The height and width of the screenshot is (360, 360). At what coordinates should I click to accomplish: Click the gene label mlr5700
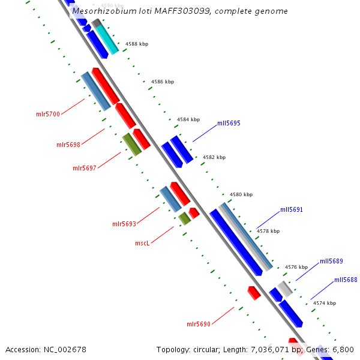(48, 113)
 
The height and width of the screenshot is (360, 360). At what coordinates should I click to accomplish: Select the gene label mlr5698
(68, 145)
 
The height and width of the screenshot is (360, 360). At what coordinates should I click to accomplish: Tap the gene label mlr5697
(85, 168)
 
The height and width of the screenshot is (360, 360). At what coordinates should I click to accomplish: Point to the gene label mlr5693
(124, 224)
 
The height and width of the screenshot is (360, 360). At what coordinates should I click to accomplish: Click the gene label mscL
(142, 243)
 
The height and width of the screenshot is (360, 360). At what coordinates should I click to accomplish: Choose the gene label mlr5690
(199, 324)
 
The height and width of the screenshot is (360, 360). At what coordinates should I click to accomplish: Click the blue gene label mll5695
(229, 123)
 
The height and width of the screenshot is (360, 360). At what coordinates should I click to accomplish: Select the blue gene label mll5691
(292, 210)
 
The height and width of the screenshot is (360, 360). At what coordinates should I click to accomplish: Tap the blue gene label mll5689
(331, 261)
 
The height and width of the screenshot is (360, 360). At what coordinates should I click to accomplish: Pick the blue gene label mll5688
(346, 280)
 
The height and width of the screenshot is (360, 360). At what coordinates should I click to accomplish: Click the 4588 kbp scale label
(137, 44)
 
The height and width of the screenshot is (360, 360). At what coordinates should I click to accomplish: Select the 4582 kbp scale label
(214, 157)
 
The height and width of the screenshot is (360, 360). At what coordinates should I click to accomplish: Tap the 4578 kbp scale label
(268, 231)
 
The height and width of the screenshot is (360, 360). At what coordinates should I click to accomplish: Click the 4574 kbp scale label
(325, 303)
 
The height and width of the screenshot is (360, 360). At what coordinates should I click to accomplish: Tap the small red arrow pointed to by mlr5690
(254, 293)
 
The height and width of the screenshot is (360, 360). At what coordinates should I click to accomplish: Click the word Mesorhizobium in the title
(100, 11)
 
